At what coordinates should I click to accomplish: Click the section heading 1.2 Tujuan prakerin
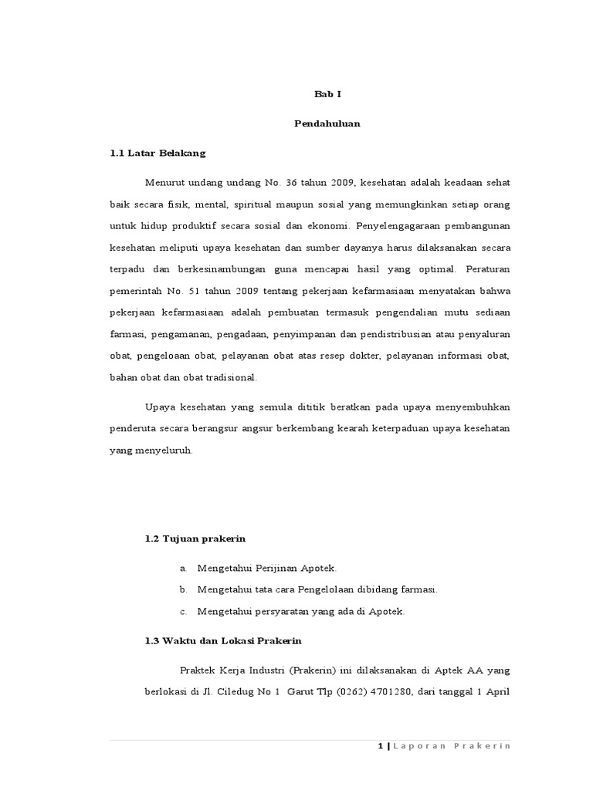click(x=191, y=538)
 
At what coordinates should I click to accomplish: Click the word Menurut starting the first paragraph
click(x=164, y=182)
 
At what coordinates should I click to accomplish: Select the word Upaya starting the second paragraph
click(x=160, y=407)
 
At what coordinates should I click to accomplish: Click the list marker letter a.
click(x=183, y=568)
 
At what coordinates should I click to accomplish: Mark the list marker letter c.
click(x=183, y=611)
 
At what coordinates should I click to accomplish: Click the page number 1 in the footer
click(x=381, y=746)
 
